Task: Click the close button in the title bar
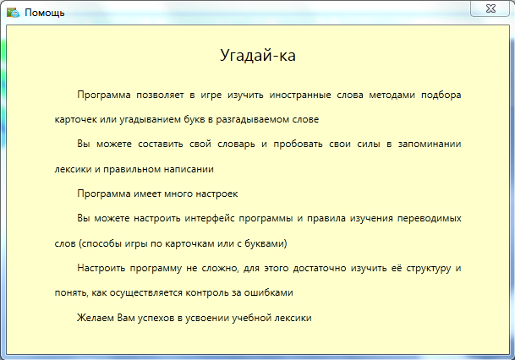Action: (490, 8)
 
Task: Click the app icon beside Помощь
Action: (14, 13)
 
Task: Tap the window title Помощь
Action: (45, 14)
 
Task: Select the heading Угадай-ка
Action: (258, 55)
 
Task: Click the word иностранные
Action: (300, 95)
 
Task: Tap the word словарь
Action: (236, 145)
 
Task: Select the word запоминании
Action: (430, 145)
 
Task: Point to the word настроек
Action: (216, 194)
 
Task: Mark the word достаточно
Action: (320, 269)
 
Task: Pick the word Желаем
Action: (96, 318)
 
